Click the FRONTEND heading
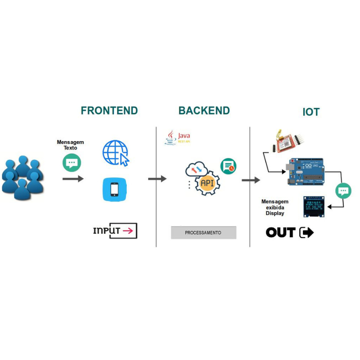(109, 111)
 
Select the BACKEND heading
(204, 111)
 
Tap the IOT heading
(311, 112)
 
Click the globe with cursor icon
(116, 153)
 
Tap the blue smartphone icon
(114, 189)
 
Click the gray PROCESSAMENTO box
(203, 233)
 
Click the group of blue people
(22, 178)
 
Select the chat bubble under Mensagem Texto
(72, 163)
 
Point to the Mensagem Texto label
(70, 145)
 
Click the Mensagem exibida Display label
(275, 208)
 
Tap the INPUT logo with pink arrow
(115, 231)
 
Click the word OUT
(280, 232)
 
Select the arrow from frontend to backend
(157, 179)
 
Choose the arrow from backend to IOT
(251, 180)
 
